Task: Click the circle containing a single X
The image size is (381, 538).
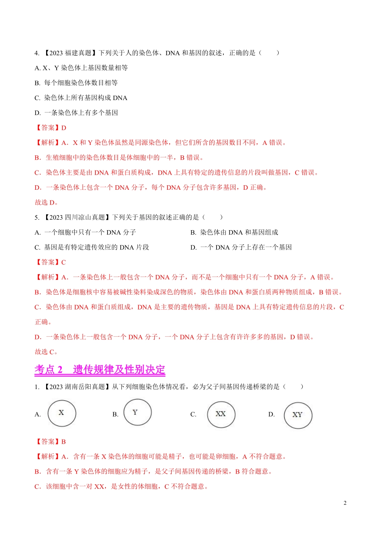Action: [61, 413]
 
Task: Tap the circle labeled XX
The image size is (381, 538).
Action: [221, 414]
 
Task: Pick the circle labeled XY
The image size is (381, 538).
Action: [298, 415]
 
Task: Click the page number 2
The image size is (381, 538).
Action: [345, 503]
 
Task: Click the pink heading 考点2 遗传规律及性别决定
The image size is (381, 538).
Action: [100, 369]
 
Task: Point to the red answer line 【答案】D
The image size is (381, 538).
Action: [51, 128]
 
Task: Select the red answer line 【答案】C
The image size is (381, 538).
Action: [51, 262]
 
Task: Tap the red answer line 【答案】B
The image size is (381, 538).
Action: [51, 442]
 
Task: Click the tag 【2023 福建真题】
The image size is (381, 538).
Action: [70, 53]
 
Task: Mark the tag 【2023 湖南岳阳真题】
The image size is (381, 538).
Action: [77, 387]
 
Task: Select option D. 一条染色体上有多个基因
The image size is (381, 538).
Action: [76, 113]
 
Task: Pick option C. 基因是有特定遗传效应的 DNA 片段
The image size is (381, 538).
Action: [92, 247]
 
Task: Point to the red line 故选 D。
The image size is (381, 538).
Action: [47, 203]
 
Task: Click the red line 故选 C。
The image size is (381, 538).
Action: [47, 352]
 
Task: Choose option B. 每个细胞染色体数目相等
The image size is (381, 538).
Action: [76, 83]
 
